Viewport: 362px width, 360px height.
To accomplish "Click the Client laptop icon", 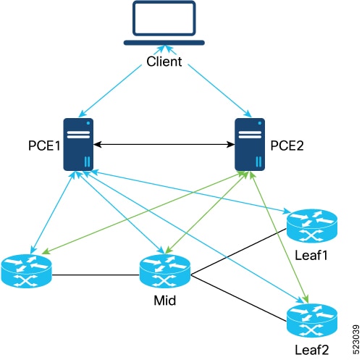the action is point(164,23).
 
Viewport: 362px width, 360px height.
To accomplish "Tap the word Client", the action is point(164,62).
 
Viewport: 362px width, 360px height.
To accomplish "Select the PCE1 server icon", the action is point(78,144).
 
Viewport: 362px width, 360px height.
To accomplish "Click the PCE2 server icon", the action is point(250,144).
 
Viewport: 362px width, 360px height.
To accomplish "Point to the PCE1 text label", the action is point(44,146).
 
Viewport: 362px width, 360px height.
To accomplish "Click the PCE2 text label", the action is point(287,146).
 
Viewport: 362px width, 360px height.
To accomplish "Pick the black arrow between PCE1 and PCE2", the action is point(164,145).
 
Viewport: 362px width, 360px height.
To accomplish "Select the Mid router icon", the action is point(165,271).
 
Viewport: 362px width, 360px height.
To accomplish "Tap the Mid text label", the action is point(165,301).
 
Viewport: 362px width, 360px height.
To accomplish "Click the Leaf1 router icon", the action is point(312,226).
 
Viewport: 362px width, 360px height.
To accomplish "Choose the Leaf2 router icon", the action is point(312,320).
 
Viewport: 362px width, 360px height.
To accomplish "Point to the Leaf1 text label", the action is point(311,255).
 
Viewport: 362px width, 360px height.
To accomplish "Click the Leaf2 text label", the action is point(312,350).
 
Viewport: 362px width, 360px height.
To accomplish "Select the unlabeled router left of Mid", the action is point(26,271).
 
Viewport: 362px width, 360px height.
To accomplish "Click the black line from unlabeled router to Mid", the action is point(96,275).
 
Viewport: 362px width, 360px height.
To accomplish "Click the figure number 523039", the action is point(355,340).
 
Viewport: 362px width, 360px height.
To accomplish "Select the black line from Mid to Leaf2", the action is point(239,298).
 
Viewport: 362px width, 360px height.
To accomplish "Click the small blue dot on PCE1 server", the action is point(88,123).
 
